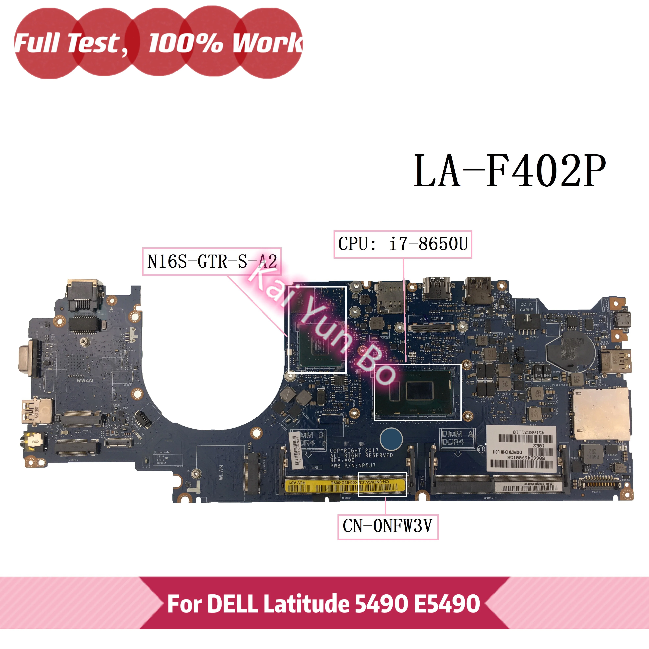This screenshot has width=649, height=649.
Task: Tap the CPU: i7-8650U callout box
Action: click(x=402, y=244)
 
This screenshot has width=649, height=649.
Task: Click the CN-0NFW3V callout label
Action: click(x=388, y=526)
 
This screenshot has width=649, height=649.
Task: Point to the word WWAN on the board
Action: click(x=85, y=381)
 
